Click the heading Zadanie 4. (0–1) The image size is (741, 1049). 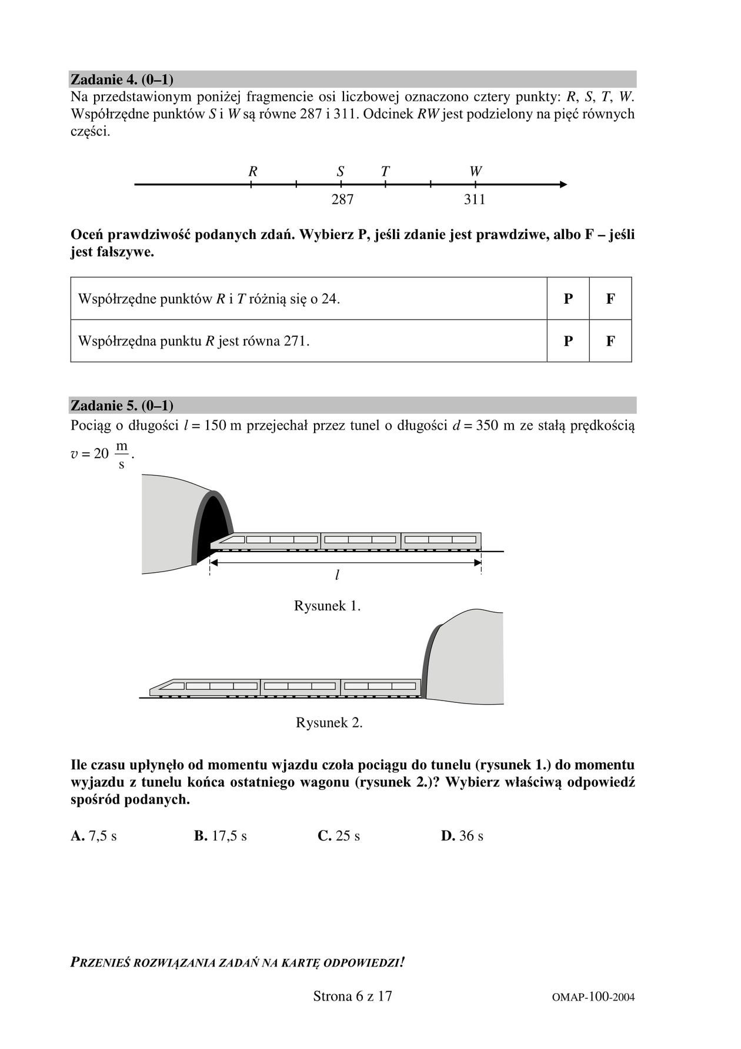coord(122,79)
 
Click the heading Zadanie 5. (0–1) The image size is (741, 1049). coord(122,406)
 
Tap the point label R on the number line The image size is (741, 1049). coord(253,171)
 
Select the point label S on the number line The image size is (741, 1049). coord(341,171)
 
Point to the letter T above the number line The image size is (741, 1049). coord(385,171)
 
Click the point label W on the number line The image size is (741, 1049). coord(475,171)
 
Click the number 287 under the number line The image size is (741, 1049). coord(342,200)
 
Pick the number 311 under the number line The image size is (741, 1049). coord(475,200)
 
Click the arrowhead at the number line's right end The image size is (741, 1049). coord(563,185)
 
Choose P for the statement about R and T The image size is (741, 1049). coord(568,298)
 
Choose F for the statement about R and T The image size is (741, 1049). coord(610,298)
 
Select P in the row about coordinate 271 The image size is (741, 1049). coord(568,341)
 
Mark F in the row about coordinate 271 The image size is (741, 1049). coord(610,341)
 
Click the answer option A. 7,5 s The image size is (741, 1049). coord(94,836)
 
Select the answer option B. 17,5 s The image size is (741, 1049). coord(221,836)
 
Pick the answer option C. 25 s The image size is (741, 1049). coord(339,836)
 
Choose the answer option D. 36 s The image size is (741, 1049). coord(462,836)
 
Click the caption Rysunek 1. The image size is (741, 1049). coord(327,606)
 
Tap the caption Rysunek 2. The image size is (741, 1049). coord(329,722)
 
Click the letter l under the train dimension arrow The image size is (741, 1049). coord(337,575)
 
